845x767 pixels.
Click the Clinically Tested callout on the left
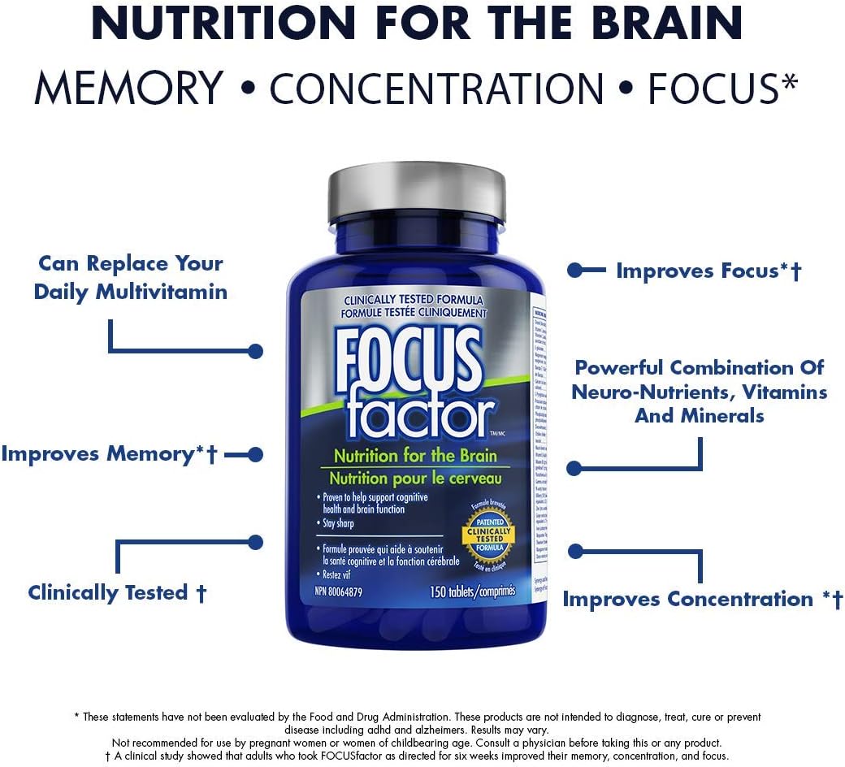[x=117, y=592]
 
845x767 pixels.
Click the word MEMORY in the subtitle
[x=129, y=88]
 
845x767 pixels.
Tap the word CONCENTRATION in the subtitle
[x=436, y=88]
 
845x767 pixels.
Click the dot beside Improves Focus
[x=574, y=271]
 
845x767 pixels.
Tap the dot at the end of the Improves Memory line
[x=255, y=454]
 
